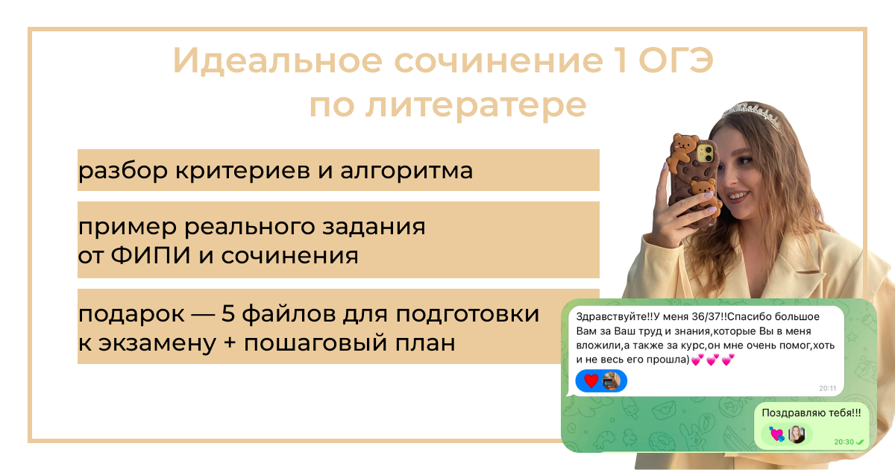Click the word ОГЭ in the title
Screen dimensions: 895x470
click(x=676, y=60)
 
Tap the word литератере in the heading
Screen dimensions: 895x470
click(x=476, y=107)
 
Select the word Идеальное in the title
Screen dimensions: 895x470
click(x=277, y=60)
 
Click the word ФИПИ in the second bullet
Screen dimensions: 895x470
click(x=150, y=255)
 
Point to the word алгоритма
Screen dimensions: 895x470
click(x=406, y=171)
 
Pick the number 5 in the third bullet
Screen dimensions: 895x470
click(x=227, y=313)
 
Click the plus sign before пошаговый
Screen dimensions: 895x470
click(x=230, y=343)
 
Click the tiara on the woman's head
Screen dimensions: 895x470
click(x=752, y=114)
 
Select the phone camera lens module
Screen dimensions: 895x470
click(x=706, y=154)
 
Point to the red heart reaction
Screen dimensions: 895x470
click(x=591, y=381)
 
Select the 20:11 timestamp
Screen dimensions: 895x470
click(x=827, y=388)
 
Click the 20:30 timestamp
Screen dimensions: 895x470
click(x=844, y=442)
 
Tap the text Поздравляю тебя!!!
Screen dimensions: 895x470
click(x=811, y=413)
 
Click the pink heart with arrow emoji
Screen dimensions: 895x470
click(x=776, y=434)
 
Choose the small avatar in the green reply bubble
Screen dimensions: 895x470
click(x=797, y=434)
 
